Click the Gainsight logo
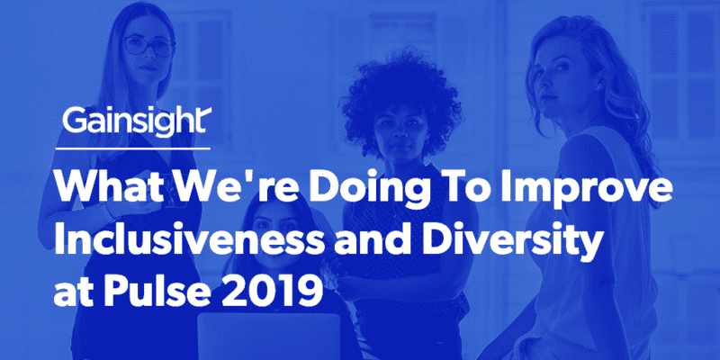coord(134,121)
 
